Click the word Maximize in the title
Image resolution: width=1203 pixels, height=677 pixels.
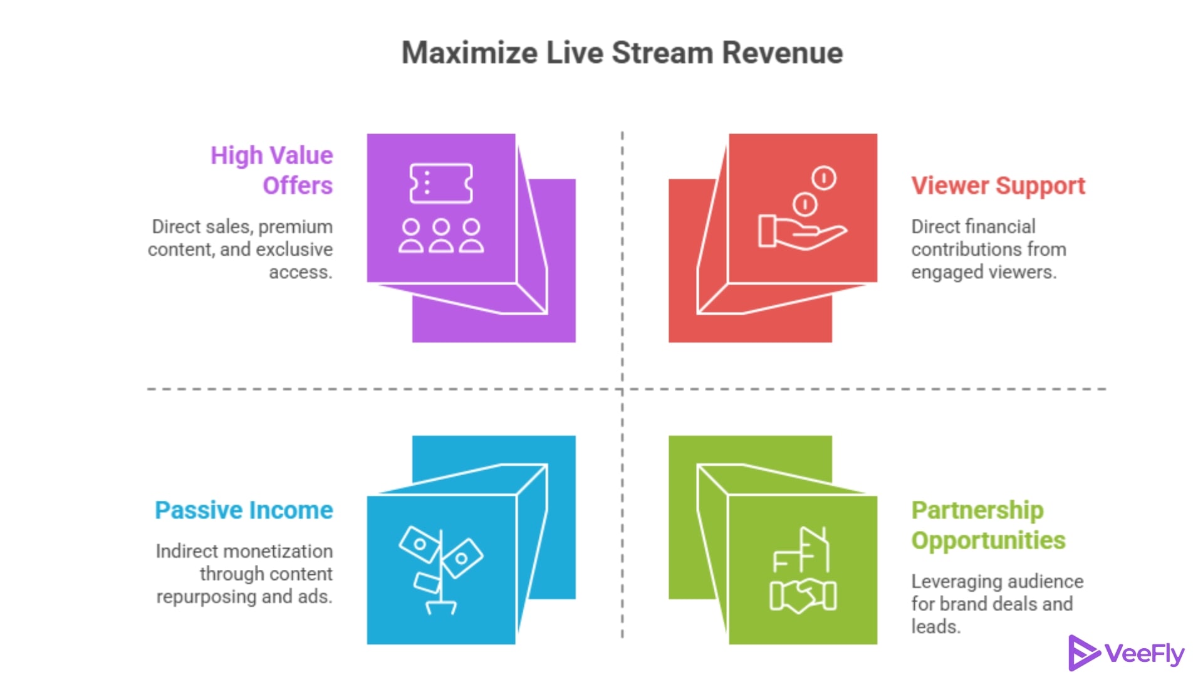469,53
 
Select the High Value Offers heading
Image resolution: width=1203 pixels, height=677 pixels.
271,171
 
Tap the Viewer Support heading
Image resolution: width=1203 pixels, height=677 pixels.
997,186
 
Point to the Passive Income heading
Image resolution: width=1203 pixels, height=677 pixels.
244,510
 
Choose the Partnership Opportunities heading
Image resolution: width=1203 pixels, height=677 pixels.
987,525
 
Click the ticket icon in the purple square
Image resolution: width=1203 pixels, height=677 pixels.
441,183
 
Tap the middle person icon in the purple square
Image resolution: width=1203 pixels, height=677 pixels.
441,236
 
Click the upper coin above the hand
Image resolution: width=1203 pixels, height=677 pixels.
823,178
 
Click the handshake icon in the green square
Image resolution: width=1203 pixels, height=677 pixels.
803,596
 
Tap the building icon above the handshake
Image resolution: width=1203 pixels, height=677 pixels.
803,550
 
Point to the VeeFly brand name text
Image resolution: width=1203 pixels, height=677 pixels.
1144,654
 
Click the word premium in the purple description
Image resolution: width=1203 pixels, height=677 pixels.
295,227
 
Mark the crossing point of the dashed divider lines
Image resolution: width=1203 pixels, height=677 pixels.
622,389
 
